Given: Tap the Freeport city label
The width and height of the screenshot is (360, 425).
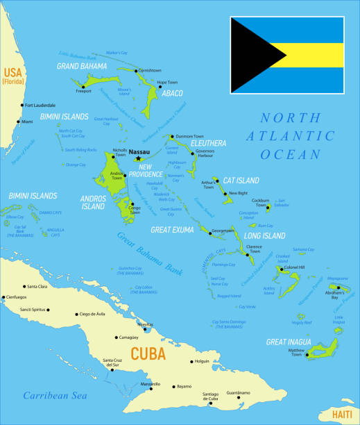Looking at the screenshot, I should point(83,91).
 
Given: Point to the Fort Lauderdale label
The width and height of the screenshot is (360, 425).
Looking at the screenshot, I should point(40,105).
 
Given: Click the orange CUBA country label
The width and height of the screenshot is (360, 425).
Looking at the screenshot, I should point(148,353).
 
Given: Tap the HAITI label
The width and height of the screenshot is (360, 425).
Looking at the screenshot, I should point(341,414).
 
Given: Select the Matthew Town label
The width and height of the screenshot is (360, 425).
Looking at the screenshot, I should point(296,353).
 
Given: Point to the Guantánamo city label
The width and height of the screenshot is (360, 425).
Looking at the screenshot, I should point(237,393).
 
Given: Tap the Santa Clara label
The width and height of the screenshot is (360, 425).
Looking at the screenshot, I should point(37,286).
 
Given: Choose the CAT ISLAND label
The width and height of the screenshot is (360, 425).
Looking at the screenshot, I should point(241,181).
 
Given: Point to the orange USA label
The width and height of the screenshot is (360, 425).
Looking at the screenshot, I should point(13,72).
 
